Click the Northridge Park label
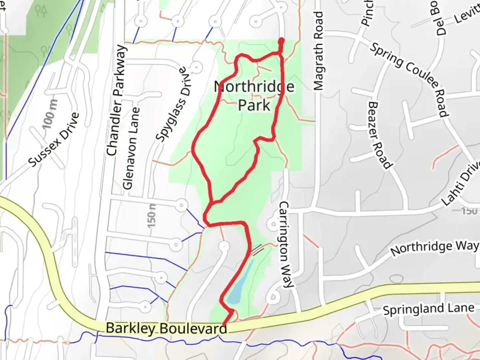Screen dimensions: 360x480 point(254,96)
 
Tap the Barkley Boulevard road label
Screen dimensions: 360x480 point(166,328)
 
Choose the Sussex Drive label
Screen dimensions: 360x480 point(54,140)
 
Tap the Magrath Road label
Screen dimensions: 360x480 point(319,51)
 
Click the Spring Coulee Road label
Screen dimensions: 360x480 point(410,79)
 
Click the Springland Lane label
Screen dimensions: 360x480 point(428,309)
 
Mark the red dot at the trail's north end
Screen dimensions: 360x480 point(281,41)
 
